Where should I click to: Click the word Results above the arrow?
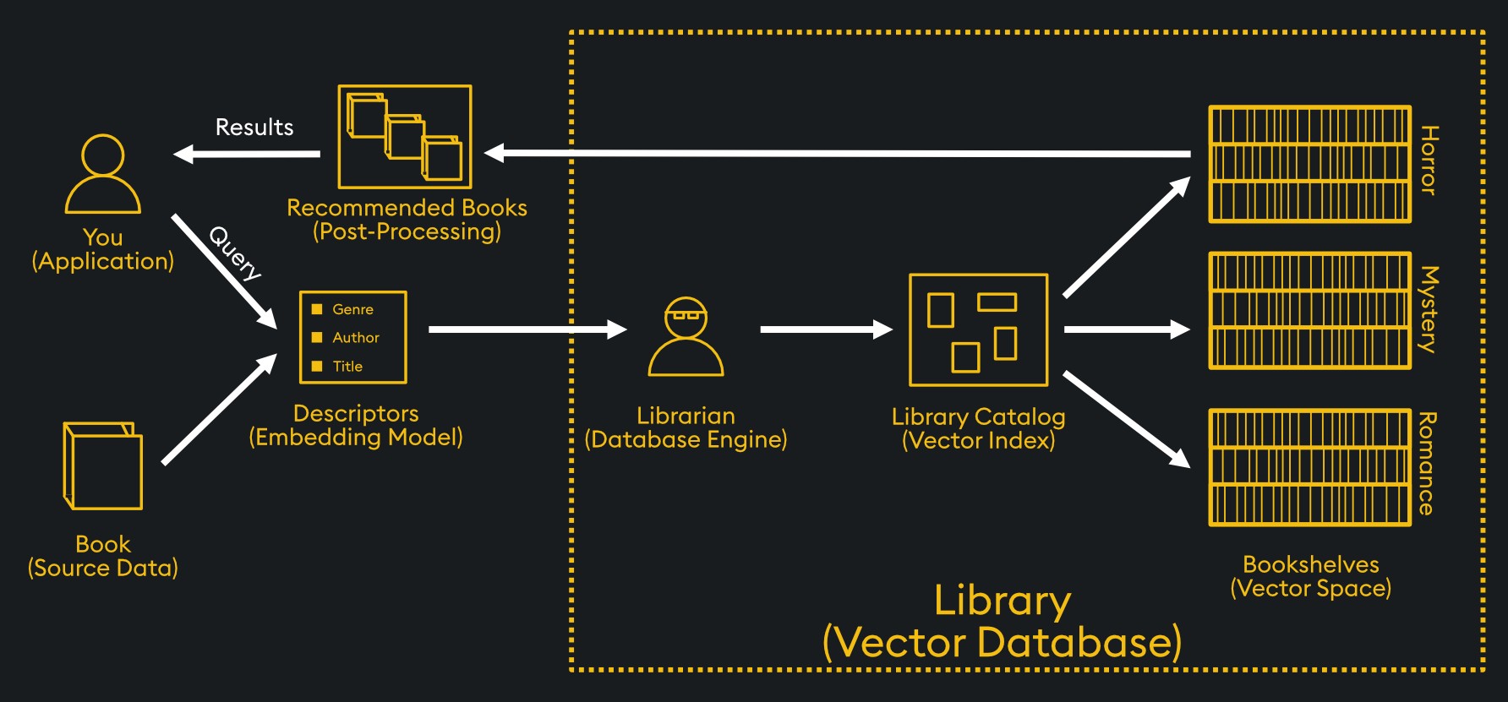pyautogui.click(x=254, y=128)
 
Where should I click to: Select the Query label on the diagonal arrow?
pyautogui.click(x=235, y=253)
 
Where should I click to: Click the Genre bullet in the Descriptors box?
pyautogui.click(x=352, y=309)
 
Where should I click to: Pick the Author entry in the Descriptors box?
pyautogui.click(x=355, y=337)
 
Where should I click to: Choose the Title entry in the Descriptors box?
pyautogui.click(x=347, y=366)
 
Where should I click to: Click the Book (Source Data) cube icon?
pyautogui.click(x=102, y=465)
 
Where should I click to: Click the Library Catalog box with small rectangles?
pyautogui.click(x=978, y=330)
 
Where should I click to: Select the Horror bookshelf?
pyautogui.click(x=1309, y=165)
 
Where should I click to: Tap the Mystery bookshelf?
pyautogui.click(x=1309, y=311)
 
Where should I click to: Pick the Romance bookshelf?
pyautogui.click(x=1309, y=467)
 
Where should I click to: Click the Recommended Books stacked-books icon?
pyautogui.click(x=405, y=137)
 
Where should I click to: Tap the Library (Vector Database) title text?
pyautogui.click(x=1002, y=622)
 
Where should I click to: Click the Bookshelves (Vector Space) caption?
pyautogui.click(x=1310, y=576)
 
